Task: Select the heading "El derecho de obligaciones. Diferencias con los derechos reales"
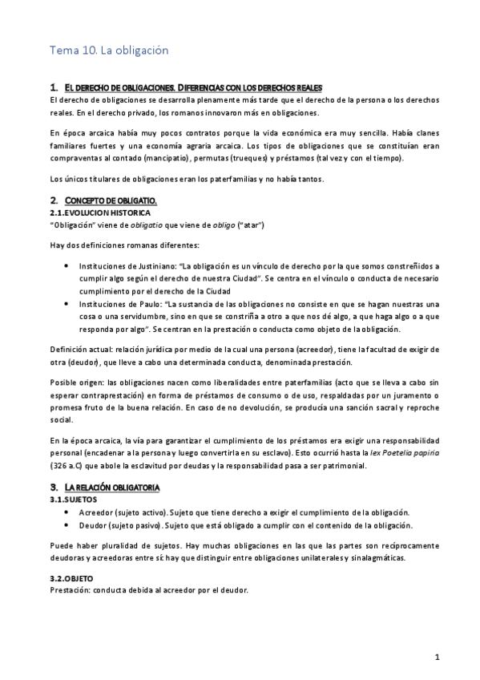tap(192, 87)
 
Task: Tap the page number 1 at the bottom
tap(437, 658)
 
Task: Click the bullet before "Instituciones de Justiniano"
tap(65, 264)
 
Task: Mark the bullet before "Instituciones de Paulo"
tap(65, 306)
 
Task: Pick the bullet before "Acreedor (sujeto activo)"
tap(65, 512)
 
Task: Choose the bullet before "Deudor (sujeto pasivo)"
tap(65, 525)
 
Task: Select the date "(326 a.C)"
tap(70, 465)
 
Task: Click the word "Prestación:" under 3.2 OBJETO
tap(70, 590)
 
